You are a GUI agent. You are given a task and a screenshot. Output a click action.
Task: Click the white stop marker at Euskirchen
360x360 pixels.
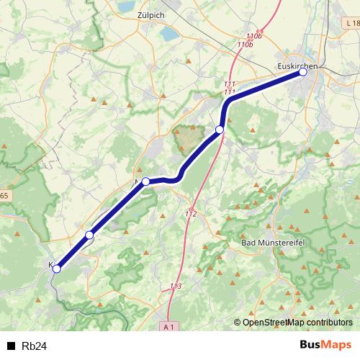(303, 72)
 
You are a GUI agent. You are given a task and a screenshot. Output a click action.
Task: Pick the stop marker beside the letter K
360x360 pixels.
(57, 269)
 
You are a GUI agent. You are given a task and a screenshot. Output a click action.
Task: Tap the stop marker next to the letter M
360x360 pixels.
(145, 181)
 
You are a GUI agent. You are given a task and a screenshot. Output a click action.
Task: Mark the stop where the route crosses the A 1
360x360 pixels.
(220, 130)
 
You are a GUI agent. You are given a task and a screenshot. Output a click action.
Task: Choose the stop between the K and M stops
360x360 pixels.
(89, 235)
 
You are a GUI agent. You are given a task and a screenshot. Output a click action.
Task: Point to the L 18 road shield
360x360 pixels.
(351, 24)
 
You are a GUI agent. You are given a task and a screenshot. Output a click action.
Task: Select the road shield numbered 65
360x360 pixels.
(4, 195)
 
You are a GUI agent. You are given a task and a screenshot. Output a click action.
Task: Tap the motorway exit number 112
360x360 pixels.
(191, 214)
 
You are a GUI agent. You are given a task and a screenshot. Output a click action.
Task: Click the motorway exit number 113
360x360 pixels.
(175, 287)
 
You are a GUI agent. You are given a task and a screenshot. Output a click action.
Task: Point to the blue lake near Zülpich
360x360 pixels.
(168, 33)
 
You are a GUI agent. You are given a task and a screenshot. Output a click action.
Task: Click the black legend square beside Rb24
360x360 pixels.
(11, 346)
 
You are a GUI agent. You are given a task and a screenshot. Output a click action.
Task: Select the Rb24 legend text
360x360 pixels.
(35, 346)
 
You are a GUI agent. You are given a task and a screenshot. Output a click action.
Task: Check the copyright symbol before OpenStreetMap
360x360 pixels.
(238, 323)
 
